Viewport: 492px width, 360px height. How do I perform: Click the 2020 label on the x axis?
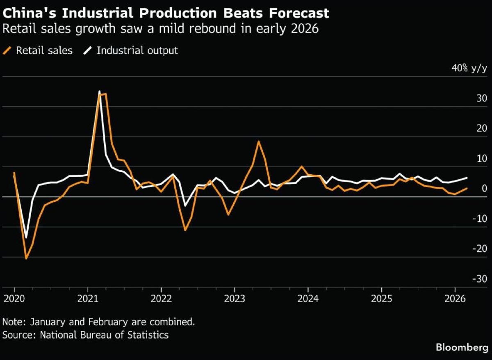pyautogui.click(x=14, y=298)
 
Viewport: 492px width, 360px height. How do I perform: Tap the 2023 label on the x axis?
pyautogui.click(x=235, y=298)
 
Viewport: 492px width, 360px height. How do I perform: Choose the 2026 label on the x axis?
pyautogui.click(x=455, y=298)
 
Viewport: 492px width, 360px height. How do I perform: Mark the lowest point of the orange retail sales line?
pyautogui.click(x=26, y=259)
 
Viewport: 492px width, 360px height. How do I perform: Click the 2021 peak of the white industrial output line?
pyautogui.click(x=99, y=91)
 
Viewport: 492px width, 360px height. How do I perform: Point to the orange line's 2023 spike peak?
pyautogui.click(x=259, y=141)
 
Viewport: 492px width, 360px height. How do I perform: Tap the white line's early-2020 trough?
pyautogui.click(x=26, y=238)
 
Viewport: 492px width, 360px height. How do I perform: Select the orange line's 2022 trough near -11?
pyautogui.click(x=185, y=230)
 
